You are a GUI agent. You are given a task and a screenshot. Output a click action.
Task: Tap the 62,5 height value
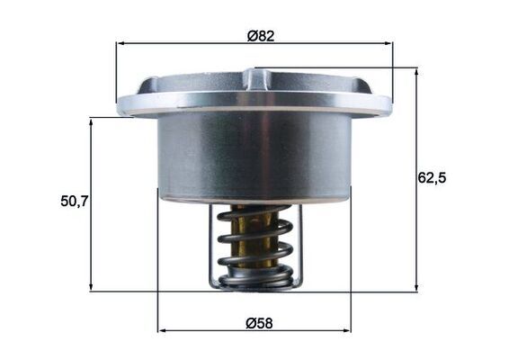point(432,177)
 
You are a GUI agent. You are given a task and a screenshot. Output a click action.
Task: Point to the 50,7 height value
point(73,201)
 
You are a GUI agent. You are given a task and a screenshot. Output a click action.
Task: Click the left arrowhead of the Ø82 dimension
point(120,41)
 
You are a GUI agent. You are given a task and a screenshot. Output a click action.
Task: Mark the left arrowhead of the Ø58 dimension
point(162,330)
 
